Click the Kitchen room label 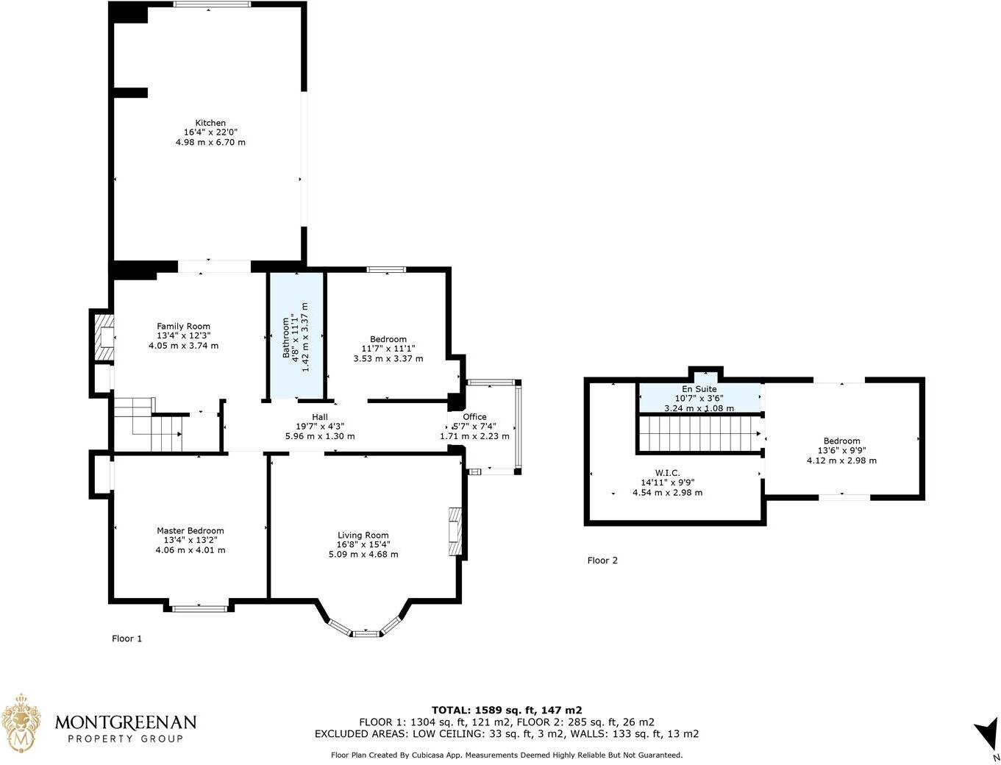click(x=210, y=123)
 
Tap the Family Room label click(x=183, y=327)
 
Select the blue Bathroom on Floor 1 click(x=296, y=336)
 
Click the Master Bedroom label click(x=190, y=530)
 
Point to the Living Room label click(x=363, y=535)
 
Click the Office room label click(x=474, y=417)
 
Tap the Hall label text click(x=319, y=417)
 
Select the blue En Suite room click(x=699, y=398)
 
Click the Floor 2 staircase click(x=699, y=434)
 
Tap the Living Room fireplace click(x=455, y=531)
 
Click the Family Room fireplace click(x=105, y=338)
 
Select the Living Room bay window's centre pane click(x=364, y=633)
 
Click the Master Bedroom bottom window click(x=199, y=608)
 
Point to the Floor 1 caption click(x=127, y=638)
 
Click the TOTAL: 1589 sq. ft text click(x=507, y=710)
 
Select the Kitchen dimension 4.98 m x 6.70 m click(x=210, y=142)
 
